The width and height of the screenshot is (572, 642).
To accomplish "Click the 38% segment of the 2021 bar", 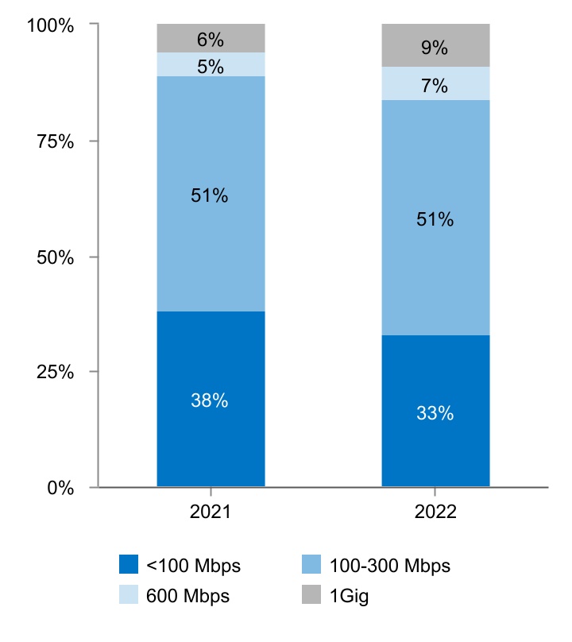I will (x=211, y=399).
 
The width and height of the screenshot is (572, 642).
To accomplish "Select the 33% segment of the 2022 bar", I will (x=435, y=411).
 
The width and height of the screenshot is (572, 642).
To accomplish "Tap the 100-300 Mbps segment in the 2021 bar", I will (x=211, y=194).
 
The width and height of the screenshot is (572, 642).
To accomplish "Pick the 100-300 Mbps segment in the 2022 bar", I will (x=435, y=218).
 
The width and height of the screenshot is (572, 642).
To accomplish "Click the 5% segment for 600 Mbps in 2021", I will (x=211, y=64).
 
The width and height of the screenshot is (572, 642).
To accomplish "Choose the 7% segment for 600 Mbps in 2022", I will (x=435, y=83).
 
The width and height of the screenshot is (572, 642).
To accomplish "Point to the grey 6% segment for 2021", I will (x=211, y=38).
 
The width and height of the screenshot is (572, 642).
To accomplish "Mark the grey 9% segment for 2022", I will (x=435, y=45).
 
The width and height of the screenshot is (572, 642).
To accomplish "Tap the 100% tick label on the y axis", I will (x=50, y=25).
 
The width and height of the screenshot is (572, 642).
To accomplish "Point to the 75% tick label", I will (x=55, y=141).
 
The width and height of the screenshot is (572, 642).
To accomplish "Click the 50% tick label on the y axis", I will (x=55, y=257).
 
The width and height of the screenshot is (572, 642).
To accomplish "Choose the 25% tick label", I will (x=55, y=372).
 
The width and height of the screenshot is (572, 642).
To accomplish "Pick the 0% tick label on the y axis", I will (x=60, y=488).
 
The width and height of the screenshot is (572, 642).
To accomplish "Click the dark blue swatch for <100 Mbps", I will (x=129, y=565).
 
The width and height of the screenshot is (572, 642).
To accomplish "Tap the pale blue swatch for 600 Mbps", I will (x=129, y=595).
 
